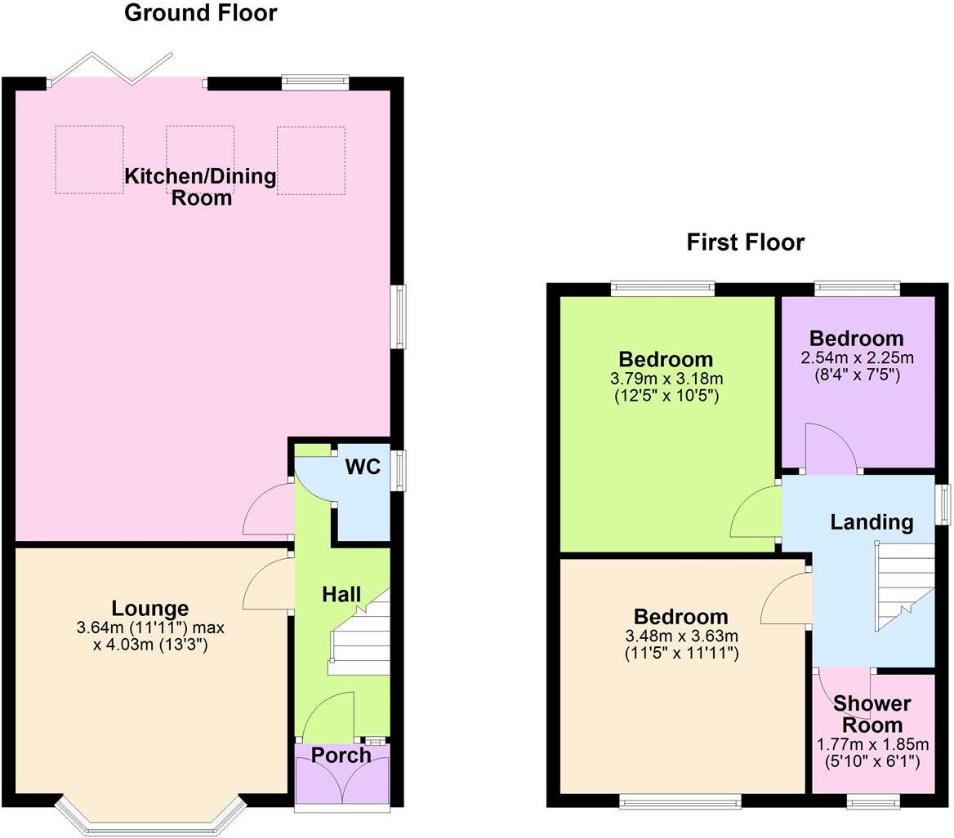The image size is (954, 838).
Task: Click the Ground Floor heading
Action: [x=200, y=13]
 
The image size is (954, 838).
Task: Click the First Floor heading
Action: [x=745, y=242]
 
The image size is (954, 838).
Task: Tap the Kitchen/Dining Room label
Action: [x=200, y=187]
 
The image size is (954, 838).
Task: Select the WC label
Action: [x=363, y=467]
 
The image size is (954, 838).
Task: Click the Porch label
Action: [x=341, y=756]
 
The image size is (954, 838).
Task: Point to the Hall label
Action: [x=341, y=595]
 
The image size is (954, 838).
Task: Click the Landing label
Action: [x=872, y=522]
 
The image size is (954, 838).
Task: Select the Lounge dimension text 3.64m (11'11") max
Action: [x=149, y=628]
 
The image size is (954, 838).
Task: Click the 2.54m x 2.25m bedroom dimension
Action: [x=857, y=358]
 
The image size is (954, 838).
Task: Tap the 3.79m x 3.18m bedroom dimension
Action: [x=666, y=379]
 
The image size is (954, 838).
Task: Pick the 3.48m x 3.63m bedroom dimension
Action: [x=681, y=636]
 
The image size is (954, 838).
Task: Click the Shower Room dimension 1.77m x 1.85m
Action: [x=872, y=744]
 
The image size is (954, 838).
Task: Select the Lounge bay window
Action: [x=150, y=816]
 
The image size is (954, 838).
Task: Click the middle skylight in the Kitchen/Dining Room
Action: [x=200, y=159]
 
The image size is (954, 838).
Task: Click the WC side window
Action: [x=397, y=471]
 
